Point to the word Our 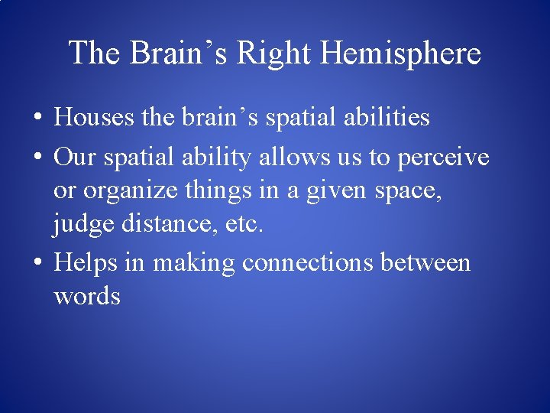tap(73, 158)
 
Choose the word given tap(337, 190)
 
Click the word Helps tap(86, 262)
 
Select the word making tap(194, 262)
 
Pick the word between tap(425, 262)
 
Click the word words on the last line tap(87, 296)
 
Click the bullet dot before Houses tap(37, 119)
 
